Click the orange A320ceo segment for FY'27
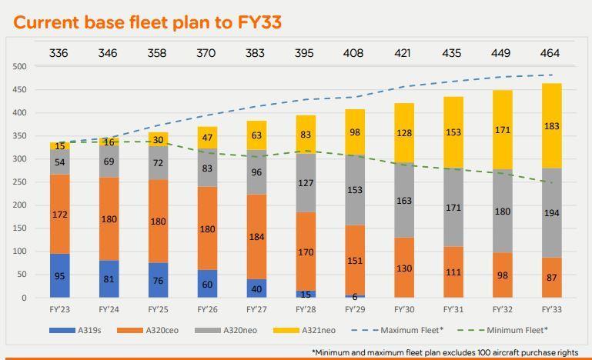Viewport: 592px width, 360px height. click(256, 236)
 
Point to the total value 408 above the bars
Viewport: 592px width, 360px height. click(354, 53)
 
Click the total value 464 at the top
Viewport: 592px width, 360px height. click(550, 53)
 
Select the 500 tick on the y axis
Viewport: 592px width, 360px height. click(20, 67)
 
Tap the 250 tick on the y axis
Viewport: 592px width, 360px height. click(20, 182)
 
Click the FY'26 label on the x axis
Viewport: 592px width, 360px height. click(206, 309)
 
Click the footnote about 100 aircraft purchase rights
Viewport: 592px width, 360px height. click(446, 352)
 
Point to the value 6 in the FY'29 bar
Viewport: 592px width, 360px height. click(354, 296)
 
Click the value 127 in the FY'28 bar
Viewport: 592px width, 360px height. click(305, 183)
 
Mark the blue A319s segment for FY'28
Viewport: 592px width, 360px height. click(305, 294)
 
